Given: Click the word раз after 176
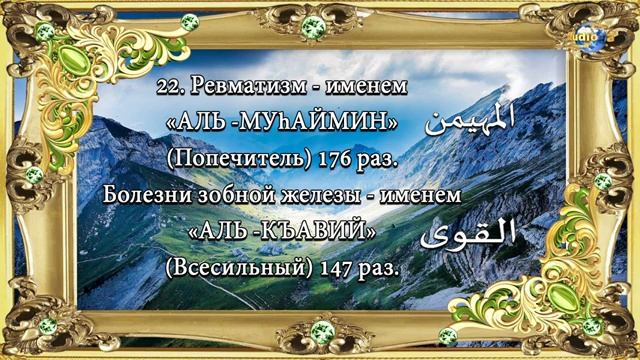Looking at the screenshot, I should coord(366,158).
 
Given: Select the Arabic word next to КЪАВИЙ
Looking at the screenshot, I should coord(470,234).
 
